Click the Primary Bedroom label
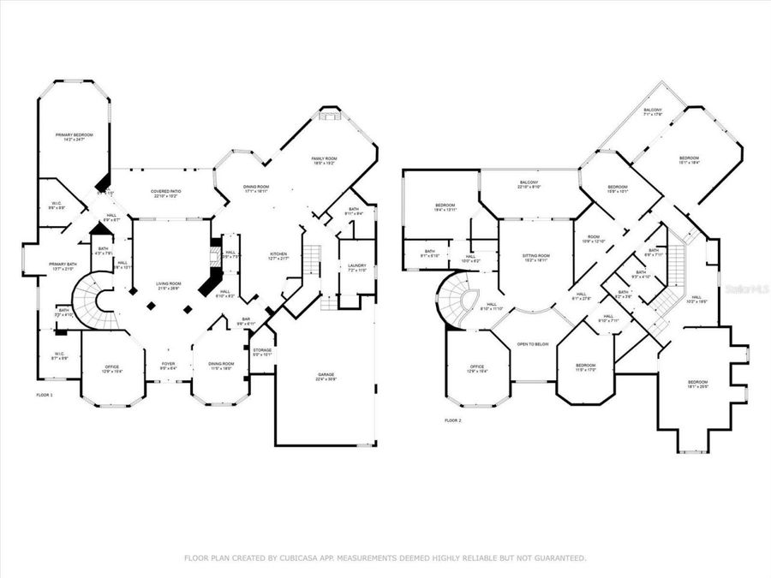pyautogui.click(x=75, y=135)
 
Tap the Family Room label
pyautogui.click(x=323, y=159)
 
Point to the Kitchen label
pyautogui.click(x=279, y=254)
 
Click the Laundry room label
pyautogui.click(x=356, y=266)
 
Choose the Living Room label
pyautogui.click(x=168, y=284)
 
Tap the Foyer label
pyautogui.click(x=168, y=363)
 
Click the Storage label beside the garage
pyautogui.click(x=262, y=349)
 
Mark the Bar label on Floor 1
pyautogui.click(x=245, y=321)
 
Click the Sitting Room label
pyautogui.click(x=536, y=256)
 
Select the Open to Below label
pyautogui.click(x=532, y=344)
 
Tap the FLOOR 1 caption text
pyautogui.click(x=45, y=395)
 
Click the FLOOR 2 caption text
pyautogui.click(x=452, y=420)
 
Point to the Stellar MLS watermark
pyautogui.click(x=746, y=290)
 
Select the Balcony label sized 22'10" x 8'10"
pyautogui.click(x=529, y=183)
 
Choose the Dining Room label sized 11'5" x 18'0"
pyautogui.click(x=222, y=363)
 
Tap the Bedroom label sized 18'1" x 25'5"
pyautogui.click(x=697, y=382)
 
